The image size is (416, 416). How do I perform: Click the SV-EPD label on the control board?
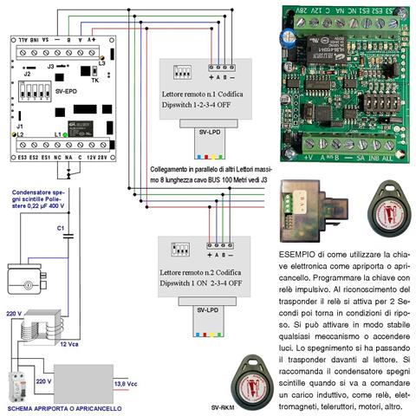[x=65, y=88]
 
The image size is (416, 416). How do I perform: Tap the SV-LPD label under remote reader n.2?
[x=205, y=309]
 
